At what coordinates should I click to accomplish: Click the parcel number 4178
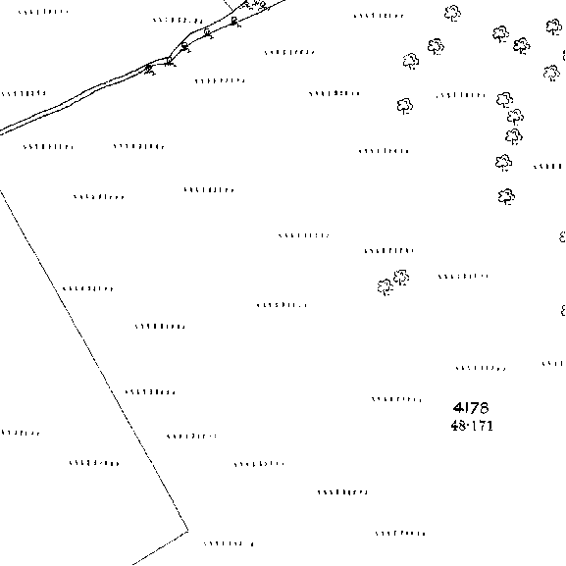(x=471, y=407)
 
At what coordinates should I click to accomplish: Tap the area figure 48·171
(x=472, y=426)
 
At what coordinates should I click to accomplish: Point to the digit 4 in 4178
(x=458, y=407)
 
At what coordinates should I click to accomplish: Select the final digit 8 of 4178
(x=484, y=407)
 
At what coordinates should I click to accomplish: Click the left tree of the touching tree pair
(x=386, y=287)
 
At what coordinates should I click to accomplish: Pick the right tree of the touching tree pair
(x=401, y=278)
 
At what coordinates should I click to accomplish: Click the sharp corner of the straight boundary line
(x=188, y=531)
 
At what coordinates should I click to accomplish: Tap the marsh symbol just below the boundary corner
(x=229, y=543)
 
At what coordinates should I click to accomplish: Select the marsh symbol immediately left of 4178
(x=396, y=399)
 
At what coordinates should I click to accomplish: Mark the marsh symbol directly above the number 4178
(x=481, y=368)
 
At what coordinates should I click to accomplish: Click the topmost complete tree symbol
(x=452, y=14)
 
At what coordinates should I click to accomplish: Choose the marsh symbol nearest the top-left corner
(x=43, y=12)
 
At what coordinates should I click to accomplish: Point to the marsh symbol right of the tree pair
(x=463, y=277)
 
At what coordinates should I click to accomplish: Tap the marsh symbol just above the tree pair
(x=389, y=250)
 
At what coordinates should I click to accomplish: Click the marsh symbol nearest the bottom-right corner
(x=400, y=534)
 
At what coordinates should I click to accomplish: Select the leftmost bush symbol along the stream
(x=149, y=69)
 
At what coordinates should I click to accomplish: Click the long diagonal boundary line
(x=94, y=360)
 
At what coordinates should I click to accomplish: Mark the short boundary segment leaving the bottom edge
(x=160, y=548)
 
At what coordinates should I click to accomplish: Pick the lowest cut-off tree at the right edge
(x=563, y=310)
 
